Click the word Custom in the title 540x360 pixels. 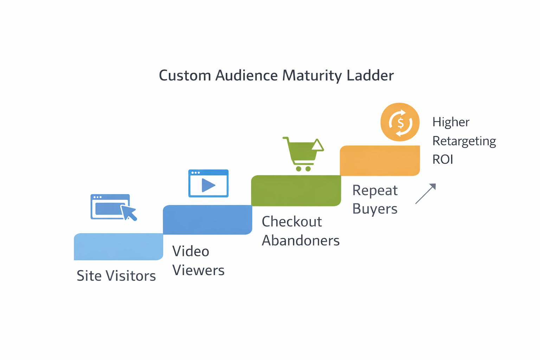point(185,76)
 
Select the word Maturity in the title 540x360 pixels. point(313,76)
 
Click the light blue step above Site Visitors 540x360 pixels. point(118,247)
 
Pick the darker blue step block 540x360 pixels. point(207,220)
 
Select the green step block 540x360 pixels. point(296,191)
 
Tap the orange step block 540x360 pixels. point(380,161)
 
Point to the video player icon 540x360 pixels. point(208,183)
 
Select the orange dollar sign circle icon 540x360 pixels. point(400,122)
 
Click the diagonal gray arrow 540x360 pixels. point(426,193)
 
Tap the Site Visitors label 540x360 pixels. point(116,276)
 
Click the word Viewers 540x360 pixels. point(198,270)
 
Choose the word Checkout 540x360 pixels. point(292,222)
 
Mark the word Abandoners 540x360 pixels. point(301,241)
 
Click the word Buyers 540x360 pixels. point(375,209)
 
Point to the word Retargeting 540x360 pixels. point(464,141)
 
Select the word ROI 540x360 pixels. point(443,160)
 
